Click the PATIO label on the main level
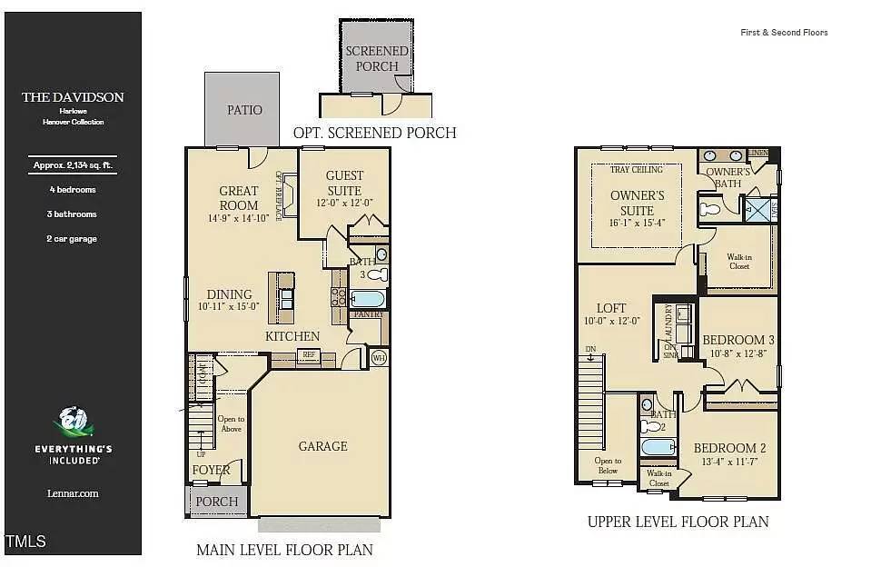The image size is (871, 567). point(243,110)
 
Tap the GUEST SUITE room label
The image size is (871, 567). point(344,183)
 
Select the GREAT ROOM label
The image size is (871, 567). point(239,198)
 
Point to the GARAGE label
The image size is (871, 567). point(322,446)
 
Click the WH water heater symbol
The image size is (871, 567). point(379,358)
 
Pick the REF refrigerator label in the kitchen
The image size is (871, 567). point(309,355)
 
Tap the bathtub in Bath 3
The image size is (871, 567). point(368,298)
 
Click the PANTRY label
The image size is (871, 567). point(369,314)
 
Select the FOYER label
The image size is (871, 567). point(210,471)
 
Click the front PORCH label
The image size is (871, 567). point(217,502)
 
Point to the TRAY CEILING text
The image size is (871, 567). point(637,170)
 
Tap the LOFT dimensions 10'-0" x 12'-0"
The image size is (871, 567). point(613,321)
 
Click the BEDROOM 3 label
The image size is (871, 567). point(737,340)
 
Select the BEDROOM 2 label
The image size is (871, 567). point(730,448)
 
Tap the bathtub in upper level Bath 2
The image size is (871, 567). point(658,446)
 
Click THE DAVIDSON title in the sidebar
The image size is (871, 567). point(73,97)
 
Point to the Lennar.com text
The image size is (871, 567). point(73,493)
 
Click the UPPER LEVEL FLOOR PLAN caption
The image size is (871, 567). point(678,522)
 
